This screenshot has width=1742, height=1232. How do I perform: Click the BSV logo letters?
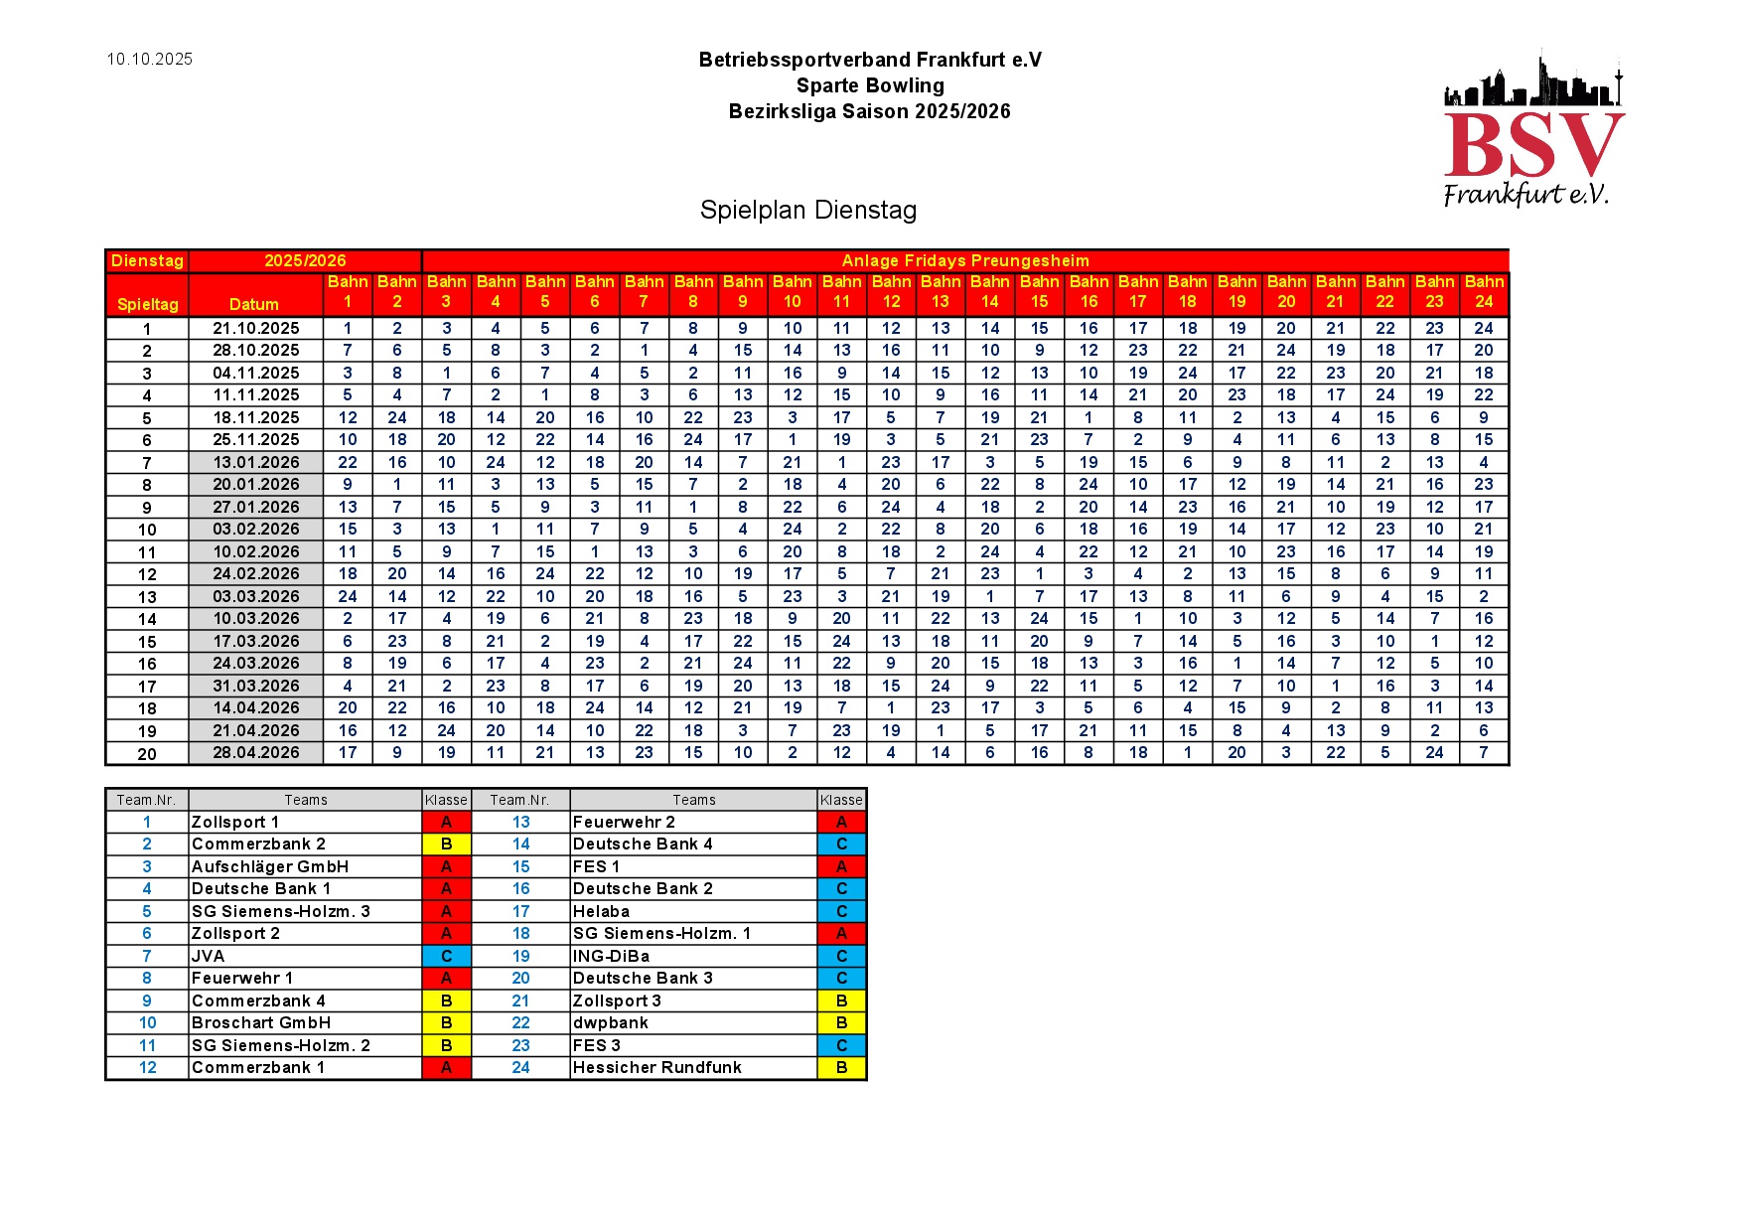pos(1532,145)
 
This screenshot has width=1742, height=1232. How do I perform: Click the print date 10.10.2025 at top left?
pos(150,60)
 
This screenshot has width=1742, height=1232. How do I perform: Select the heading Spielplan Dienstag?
pos(807,210)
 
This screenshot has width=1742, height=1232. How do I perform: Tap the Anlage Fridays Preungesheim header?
pos(964,260)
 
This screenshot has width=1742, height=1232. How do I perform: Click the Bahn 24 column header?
pos(1483,292)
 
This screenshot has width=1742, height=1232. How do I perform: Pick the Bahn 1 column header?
pos(348,292)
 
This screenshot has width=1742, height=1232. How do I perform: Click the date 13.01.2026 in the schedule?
pos(255,462)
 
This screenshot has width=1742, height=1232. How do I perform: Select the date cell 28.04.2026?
pos(255,752)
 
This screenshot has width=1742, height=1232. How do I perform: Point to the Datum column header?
pos(254,304)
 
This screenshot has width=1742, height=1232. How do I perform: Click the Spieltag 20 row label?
pos(147,753)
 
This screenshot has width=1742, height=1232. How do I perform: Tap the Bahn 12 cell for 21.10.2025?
pos(891,328)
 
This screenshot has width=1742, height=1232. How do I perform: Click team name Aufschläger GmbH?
pos(269,866)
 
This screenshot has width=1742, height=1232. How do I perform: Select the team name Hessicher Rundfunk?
pos(656,1067)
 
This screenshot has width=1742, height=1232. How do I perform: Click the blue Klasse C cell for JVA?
pos(446,956)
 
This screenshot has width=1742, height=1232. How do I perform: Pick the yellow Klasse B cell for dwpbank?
pos(841,1022)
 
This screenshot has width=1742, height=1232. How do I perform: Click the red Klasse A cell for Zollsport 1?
pos(446,822)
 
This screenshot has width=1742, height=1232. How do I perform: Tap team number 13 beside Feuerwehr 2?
pos(520,822)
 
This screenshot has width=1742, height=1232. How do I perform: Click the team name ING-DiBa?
pos(611,956)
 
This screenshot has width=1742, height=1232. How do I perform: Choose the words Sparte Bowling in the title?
pos(870,85)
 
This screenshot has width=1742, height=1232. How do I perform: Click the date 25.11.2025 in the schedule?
pos(255,439)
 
